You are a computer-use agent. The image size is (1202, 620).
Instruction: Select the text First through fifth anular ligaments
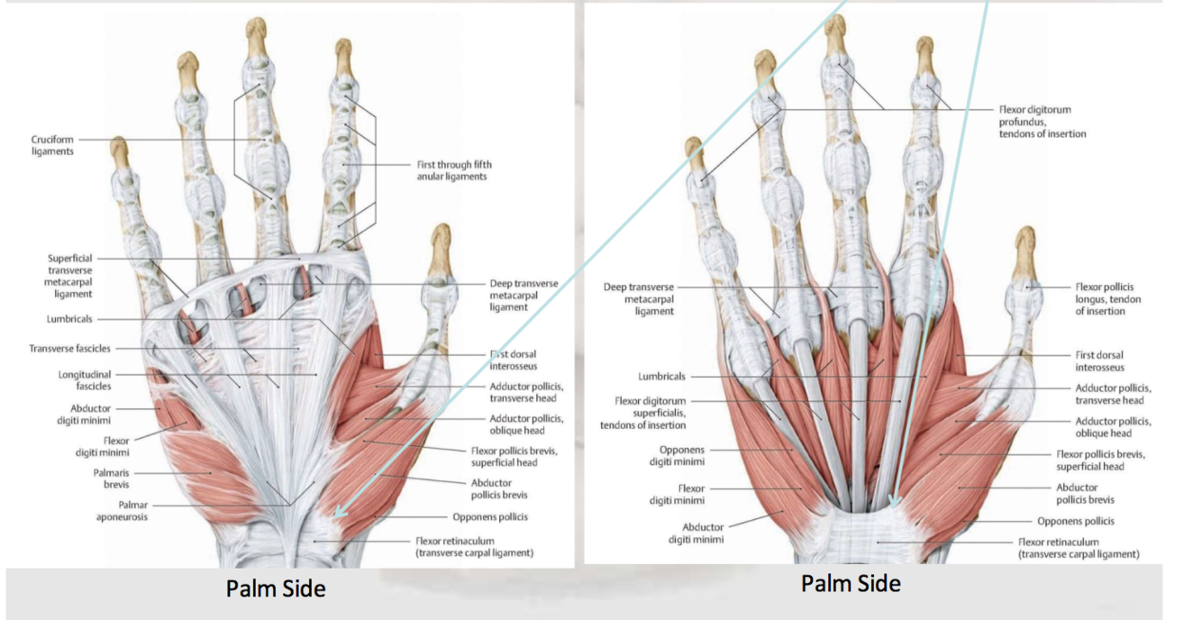tap(454, 170)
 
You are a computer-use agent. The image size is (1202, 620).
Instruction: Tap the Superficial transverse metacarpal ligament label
tap(69, 276)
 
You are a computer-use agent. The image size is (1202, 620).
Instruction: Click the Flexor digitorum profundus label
tap(1042, 122)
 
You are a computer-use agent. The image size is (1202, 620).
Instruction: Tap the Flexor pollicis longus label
tap(1107, 299)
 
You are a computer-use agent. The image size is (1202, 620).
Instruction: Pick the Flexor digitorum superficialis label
tap(650, 413)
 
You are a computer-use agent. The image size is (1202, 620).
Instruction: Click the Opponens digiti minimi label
tap(682, 455)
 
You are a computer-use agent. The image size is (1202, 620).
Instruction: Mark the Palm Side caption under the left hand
tap(276, 588)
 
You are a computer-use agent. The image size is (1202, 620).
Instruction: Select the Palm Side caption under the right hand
tap(851, 584)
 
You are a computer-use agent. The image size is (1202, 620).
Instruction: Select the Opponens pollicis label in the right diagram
tap(1075, 521)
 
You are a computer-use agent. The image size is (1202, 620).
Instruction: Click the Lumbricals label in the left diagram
tap(69, 319)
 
